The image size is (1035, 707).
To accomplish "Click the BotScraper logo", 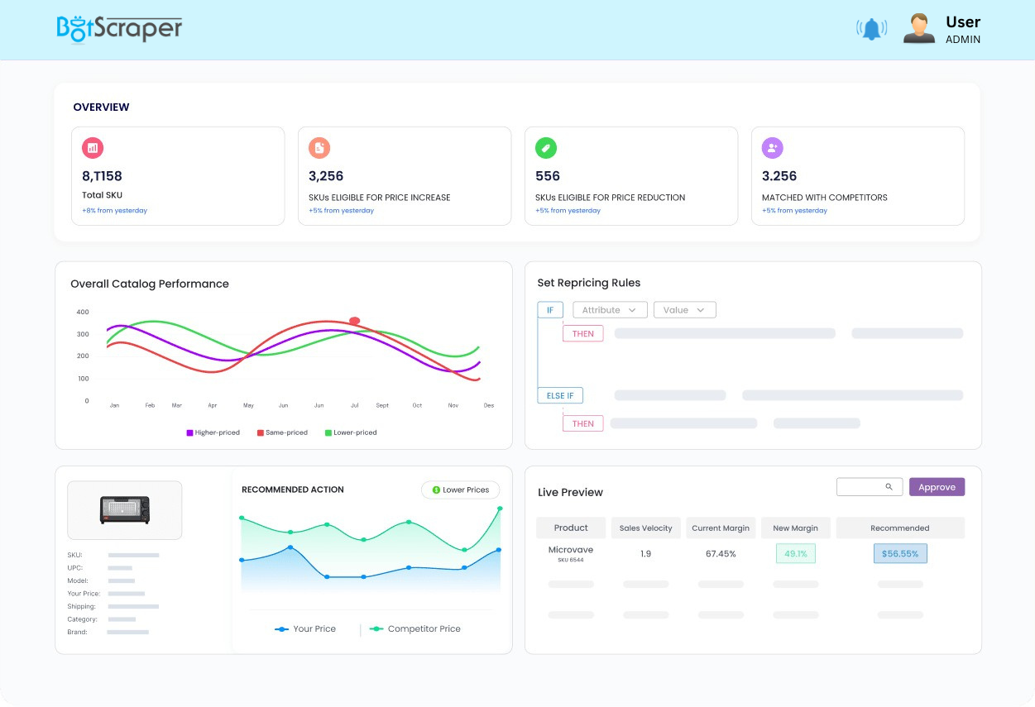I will [x=119, y=28].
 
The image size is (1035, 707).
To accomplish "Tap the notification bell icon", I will [x=871, y=29].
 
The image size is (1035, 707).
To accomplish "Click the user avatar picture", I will [x=918, y=28].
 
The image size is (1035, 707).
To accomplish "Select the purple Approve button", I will [x=937, y=487].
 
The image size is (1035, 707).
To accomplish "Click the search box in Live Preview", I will [x=869, y=487].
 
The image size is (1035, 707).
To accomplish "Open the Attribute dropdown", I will [x=609, y=310].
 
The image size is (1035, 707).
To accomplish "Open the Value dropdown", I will [x=684, y=310].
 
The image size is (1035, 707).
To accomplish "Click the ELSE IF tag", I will [x=560, y=395].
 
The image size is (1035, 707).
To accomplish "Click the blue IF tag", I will [x=550, y=310].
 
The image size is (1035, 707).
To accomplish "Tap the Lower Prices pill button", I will [x=461, y=490].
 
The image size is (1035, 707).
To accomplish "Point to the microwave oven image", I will [x=125, y=509].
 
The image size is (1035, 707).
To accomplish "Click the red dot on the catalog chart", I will [x=355, y=321].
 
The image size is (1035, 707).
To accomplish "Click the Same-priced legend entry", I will [x=282, y=432].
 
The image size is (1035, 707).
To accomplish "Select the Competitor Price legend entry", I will [x=415, y=629].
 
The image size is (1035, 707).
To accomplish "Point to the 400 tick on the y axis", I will [x=83, y=312].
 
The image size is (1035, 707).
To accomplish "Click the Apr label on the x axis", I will [x=213, y=406].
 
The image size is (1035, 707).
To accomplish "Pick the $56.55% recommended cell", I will [x=900, y=553].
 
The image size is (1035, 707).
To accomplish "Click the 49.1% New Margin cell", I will [x=796, y=553].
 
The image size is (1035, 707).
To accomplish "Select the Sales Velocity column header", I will [x=645, y=528].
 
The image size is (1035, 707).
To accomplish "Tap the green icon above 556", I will [x=546, y=148].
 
